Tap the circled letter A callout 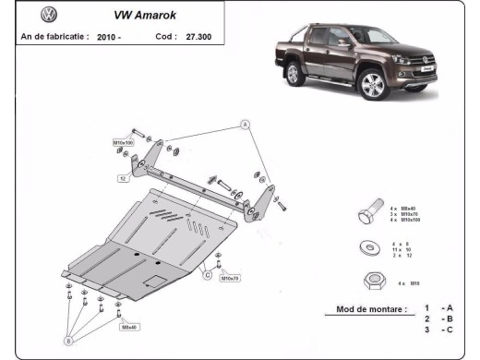246,123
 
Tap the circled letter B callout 67,341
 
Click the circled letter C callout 208,274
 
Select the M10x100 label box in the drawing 124,143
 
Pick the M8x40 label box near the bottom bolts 130,326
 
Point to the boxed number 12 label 122,178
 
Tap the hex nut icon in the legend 367,282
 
